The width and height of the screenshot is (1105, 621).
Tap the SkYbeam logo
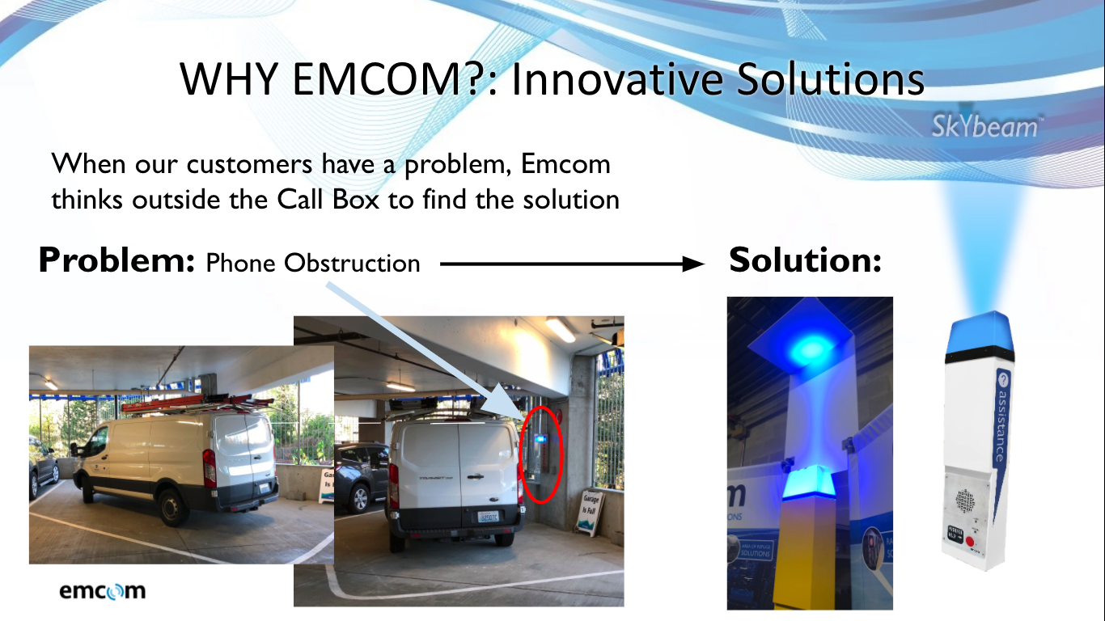pos(984,127)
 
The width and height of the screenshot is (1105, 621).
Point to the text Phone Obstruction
pos(313,263)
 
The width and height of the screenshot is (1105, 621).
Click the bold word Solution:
pos(804,260)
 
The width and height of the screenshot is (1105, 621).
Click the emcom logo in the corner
pos(102,590)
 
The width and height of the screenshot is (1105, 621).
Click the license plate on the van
pos(489,517)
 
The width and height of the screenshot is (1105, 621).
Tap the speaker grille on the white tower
pos(967,502)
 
